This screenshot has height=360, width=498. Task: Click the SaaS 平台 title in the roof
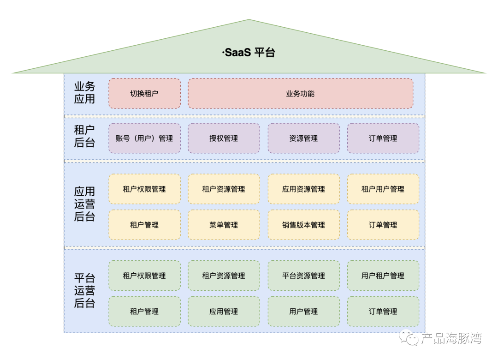[249, 52]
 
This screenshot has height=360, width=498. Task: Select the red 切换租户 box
[144, 94]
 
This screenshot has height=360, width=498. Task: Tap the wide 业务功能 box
[300, 94]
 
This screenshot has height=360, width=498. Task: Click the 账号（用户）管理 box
[144, 138]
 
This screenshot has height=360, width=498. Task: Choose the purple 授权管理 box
[224, 138]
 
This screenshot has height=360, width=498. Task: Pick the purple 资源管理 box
[303, 138]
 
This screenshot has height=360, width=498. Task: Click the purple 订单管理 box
[383, 138]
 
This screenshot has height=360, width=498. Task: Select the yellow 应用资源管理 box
[303, 189]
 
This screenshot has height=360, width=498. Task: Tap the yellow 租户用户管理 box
[383, 189]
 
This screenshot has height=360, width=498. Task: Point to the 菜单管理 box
[224, 225]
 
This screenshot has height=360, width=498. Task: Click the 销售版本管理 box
[303, 225]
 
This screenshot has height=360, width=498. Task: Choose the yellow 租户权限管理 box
[144, 189]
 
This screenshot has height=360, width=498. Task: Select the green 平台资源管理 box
[303, 276]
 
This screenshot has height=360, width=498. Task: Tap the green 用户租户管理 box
[383, 276]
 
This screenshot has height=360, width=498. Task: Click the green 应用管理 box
[224, 312]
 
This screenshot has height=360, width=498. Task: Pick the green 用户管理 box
[303, 312]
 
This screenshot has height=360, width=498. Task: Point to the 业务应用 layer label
[84, 93]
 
